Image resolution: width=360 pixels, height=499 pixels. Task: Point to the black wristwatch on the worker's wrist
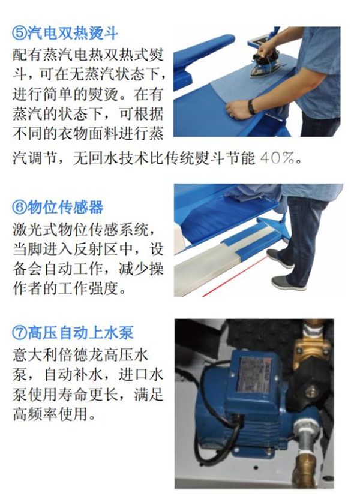pos(251,107)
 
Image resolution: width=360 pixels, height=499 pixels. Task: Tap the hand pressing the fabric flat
pos(237,110)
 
